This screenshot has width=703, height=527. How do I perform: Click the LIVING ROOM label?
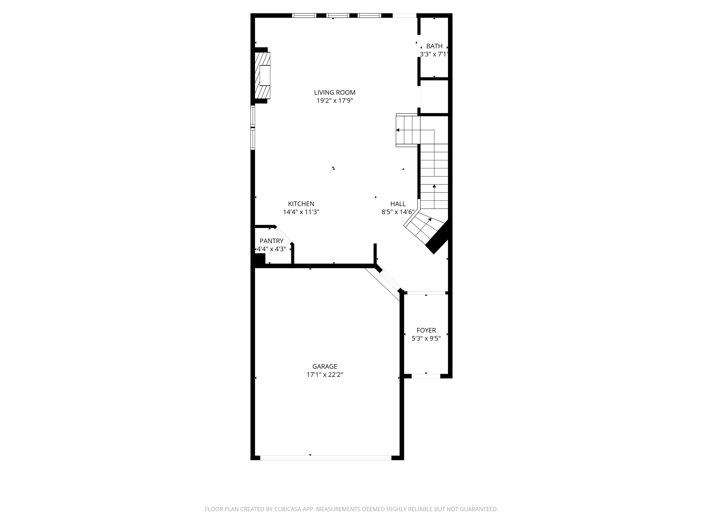click(335, 92)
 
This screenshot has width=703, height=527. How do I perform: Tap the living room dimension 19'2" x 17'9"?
click(335, 101)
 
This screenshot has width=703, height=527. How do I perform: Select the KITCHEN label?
click(301, 204)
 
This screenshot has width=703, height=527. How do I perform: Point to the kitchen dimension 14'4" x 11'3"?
click(301, 212)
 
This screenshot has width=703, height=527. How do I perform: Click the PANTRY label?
click(271, 241)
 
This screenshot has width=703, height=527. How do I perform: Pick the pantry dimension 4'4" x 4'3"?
click(271, 249)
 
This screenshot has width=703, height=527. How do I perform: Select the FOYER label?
click(426, 330)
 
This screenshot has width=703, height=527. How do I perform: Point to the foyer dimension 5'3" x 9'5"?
click(426, 339)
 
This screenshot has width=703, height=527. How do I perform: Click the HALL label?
click(398, 204)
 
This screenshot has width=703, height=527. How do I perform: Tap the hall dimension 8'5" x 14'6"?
click(398, 212)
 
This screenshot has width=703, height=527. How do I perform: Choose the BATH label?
click(434, 46)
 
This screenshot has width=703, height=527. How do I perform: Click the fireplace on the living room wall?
click(263, 75)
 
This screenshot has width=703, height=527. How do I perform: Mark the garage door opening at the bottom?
click(326, 458)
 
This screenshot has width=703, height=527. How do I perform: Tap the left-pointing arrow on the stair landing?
click(398, 130)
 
